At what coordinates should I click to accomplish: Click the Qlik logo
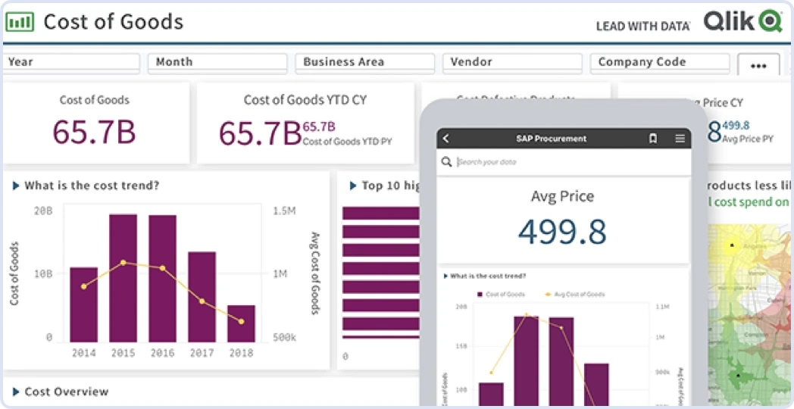tap(742, 21)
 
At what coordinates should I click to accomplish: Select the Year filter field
tap(71, 62)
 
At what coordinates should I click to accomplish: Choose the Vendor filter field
tap(512, 62)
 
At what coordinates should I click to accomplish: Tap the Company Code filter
tap(659, 62)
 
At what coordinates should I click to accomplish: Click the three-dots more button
tap(758, 66)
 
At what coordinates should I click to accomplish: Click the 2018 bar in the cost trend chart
tap(241, 323)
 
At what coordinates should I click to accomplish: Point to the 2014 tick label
tap(83, 353)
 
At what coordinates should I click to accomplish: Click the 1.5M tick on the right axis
tap(283, 211)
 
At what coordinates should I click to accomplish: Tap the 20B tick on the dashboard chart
tap(43, 211)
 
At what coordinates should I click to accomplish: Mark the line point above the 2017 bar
tap(202, 301)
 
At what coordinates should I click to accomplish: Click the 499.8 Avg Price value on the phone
tap(562, 231)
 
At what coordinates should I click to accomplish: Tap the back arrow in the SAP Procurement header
tap(446, 139)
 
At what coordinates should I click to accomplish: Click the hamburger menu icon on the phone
tap(680, 139)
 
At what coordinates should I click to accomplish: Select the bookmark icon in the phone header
tap(652, 139)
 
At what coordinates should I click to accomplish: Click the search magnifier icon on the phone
tap(447, 161)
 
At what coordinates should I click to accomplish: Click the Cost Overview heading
tap(66, 392)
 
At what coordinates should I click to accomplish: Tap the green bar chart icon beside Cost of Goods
tap(20, 21)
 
